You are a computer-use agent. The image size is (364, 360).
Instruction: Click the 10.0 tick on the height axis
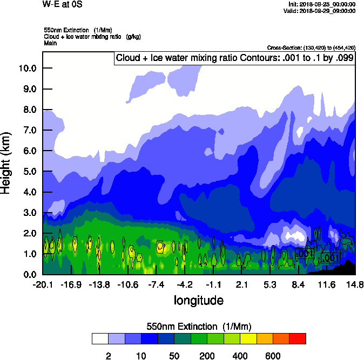(28, 68)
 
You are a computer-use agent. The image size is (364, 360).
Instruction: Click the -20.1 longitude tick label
(42, 284)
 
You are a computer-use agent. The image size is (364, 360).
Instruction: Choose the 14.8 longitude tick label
(354, 284)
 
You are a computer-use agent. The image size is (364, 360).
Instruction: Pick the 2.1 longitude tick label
(241, 284)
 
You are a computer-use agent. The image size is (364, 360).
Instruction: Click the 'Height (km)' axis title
(6, 164)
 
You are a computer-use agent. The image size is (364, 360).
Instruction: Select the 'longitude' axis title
(198, 300)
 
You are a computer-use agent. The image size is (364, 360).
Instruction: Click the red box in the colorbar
(298, 338)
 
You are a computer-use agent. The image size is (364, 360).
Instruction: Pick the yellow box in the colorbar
(248, 338)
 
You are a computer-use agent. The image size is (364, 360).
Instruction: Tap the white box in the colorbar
(100, 338)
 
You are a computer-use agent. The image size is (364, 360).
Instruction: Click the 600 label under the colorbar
(273, 356)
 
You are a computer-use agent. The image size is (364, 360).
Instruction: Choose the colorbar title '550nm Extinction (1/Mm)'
(199, 327)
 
